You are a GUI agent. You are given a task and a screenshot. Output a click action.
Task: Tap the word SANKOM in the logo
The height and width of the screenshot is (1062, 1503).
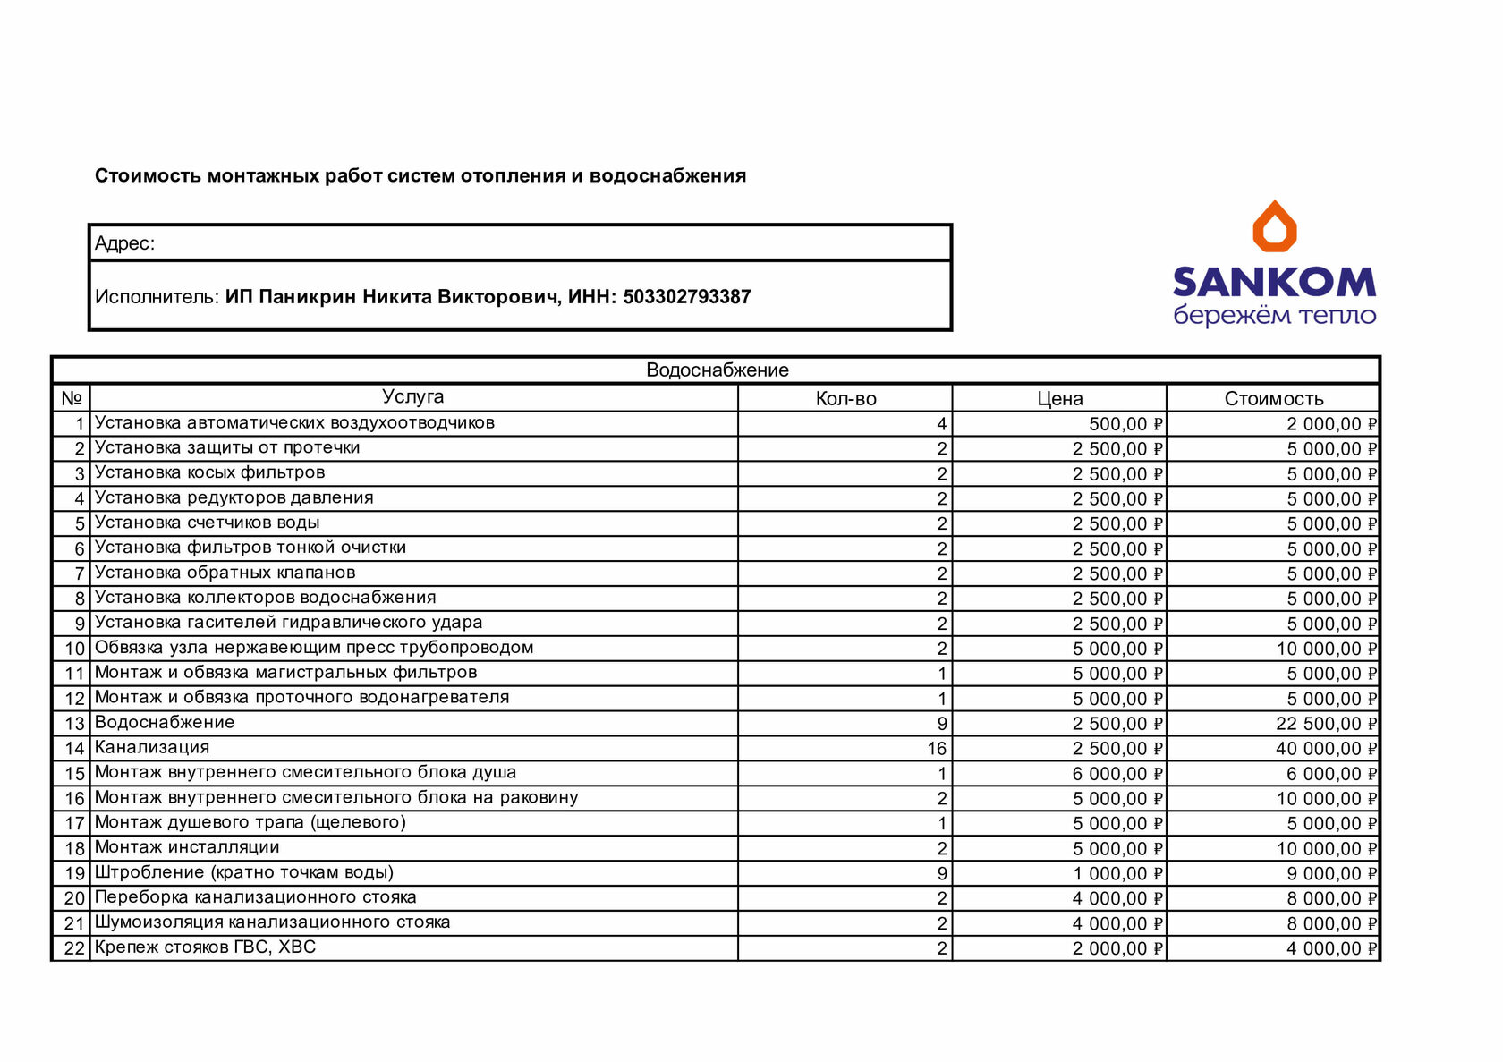coord(1274,282)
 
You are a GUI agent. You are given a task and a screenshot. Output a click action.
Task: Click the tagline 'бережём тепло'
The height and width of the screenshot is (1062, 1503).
coord(1274,316)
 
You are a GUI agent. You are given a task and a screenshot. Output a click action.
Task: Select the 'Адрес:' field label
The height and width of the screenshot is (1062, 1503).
coord(124,243)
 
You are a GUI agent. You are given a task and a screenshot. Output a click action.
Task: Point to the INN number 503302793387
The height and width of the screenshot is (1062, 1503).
coord(686,297)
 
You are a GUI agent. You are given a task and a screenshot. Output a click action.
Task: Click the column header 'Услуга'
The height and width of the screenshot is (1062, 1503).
coord(412,397)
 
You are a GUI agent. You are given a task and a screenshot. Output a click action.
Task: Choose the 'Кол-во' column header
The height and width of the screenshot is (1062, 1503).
coord(845,399)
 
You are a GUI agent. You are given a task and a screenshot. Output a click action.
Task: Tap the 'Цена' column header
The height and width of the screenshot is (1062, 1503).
coord(1059,399)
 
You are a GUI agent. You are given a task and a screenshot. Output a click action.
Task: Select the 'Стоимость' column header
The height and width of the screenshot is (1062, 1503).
coord(1273,399)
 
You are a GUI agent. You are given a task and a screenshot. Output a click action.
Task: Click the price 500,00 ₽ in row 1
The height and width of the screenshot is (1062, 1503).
coord(1125,424)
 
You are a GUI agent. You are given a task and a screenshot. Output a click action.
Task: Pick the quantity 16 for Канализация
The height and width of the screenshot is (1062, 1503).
coord(936,749)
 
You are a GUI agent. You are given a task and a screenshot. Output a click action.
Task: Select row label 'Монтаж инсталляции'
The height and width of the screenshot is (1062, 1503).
coord(187,847)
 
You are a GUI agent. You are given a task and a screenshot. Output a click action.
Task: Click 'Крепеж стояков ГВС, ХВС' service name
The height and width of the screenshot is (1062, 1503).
coord(205,947)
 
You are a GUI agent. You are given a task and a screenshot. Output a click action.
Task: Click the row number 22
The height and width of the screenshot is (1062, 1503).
coord(73,948)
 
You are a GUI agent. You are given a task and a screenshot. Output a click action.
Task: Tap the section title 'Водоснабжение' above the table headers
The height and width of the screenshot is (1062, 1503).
coord(717,370)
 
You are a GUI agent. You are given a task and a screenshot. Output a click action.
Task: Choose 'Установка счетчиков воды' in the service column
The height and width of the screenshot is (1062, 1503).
coord(207,523)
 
